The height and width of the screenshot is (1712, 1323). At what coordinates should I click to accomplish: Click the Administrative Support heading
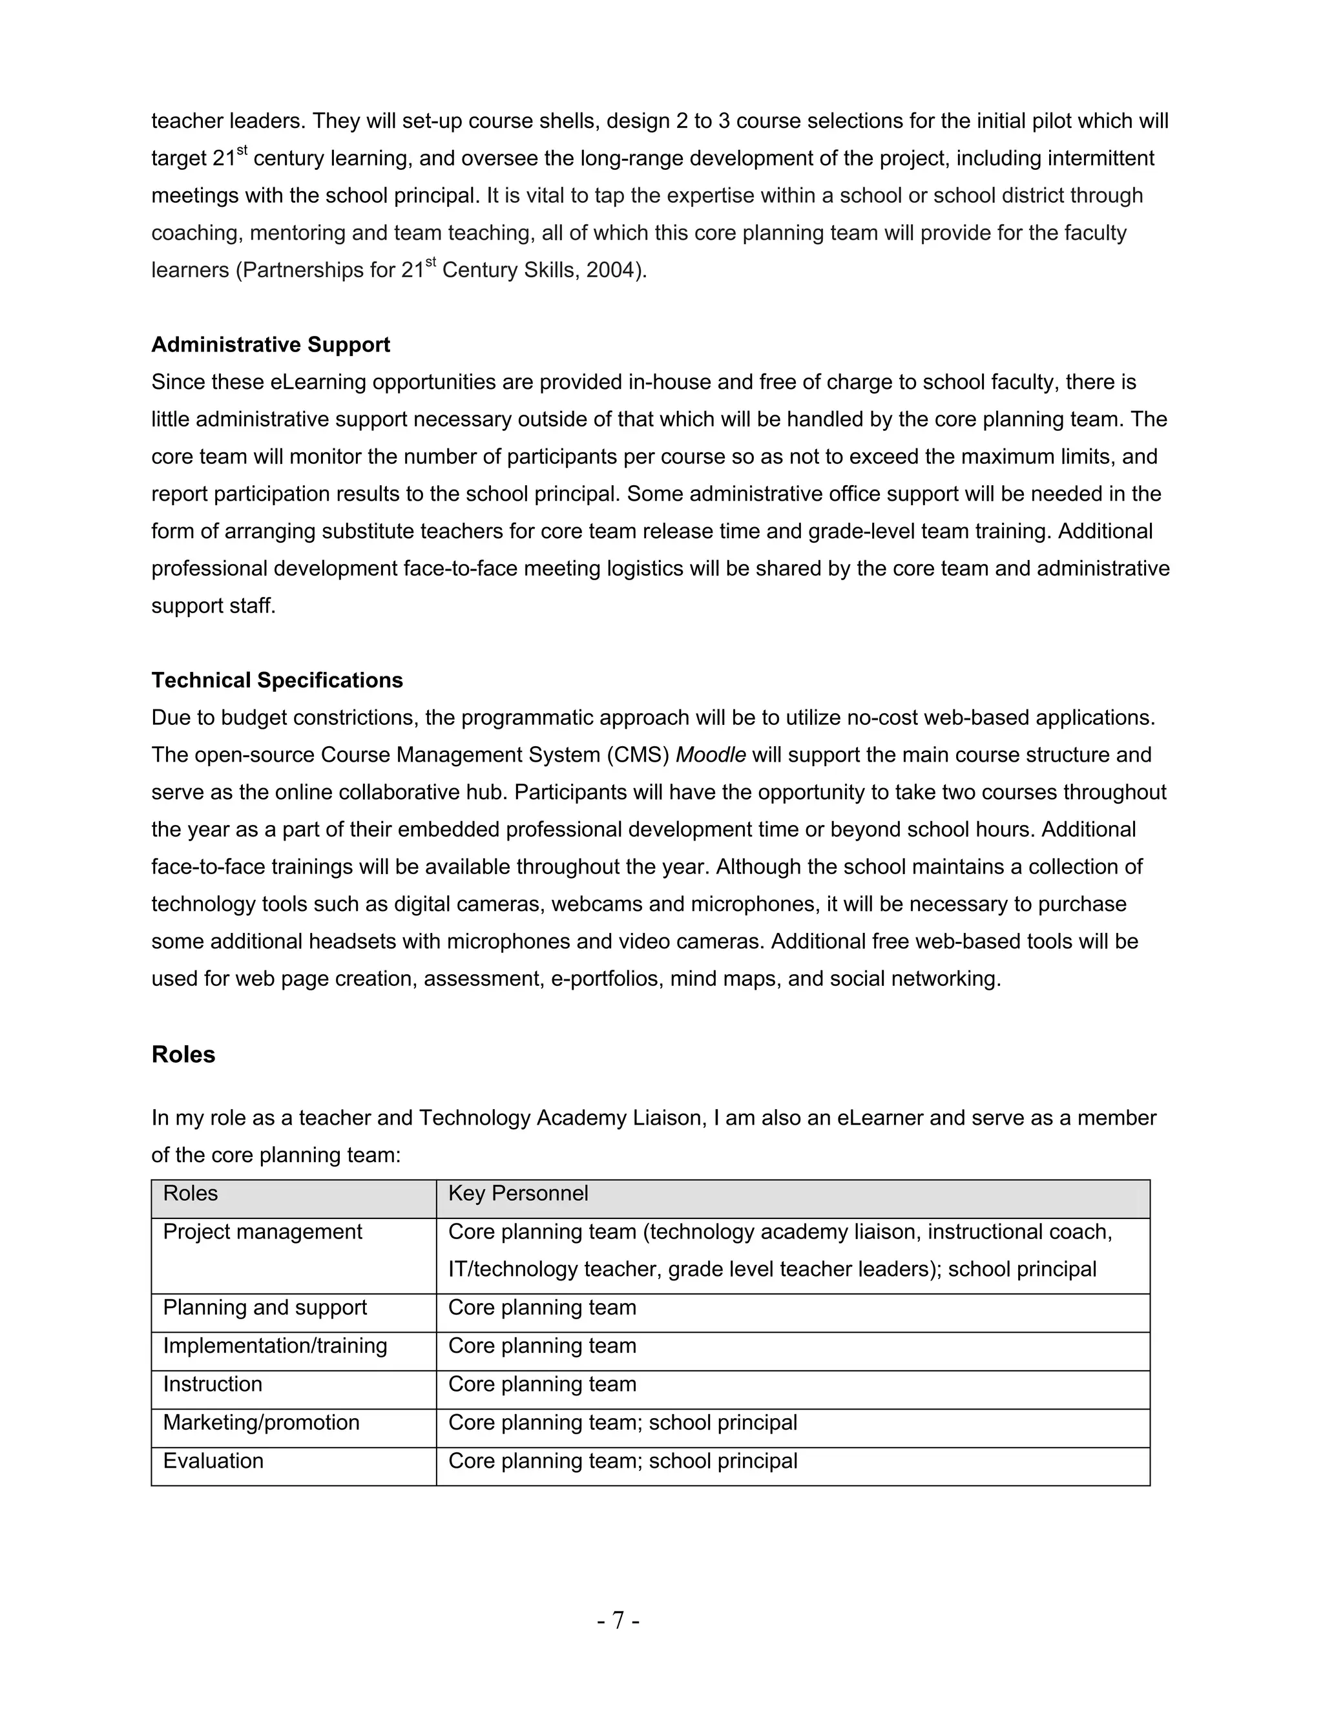click(x=271, y=345)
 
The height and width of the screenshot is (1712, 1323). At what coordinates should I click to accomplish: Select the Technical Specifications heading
click(x=276, y=680)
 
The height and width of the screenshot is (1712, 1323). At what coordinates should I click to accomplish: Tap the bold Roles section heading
click(x=183, y=1055)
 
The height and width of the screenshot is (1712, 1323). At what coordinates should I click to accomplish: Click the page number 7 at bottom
click(x=618, y=1620)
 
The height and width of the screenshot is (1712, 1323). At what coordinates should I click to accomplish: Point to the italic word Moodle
click(x=710, y=755)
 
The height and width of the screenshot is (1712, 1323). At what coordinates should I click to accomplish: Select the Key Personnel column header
click(x=517, y=1193)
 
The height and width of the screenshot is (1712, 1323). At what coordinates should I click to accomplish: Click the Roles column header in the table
click(x=191, y=1193)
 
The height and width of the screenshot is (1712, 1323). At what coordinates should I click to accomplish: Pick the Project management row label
click(x=262, y=1231)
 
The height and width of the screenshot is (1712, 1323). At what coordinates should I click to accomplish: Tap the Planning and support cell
click(x=265, y=1308)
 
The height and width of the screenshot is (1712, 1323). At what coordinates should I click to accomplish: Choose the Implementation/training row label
click(x=275, y=1346)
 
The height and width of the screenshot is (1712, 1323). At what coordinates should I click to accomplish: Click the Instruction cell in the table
click(x=213, y=1384)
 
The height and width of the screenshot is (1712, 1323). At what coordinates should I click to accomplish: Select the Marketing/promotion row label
click(x=261, y=1423)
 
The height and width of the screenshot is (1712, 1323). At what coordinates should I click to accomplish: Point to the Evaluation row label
click(x=213, y=1461)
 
